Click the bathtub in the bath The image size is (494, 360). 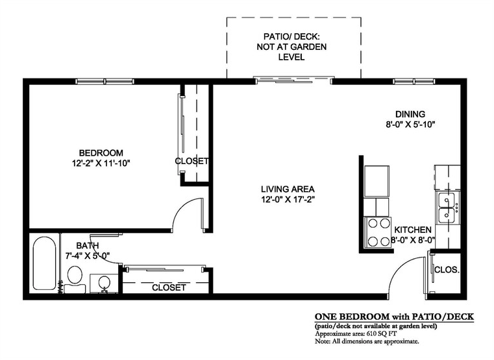44,263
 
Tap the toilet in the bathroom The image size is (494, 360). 75,280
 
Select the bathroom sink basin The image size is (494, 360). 104,282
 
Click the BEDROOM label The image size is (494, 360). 101,153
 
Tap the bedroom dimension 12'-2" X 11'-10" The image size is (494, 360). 101,163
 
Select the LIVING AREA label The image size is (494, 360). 288,189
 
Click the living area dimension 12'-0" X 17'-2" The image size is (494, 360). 288,200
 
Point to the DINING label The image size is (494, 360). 410,114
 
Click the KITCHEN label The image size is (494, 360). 413,230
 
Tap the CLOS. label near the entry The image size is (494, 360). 447,270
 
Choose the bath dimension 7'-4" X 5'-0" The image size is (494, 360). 87,256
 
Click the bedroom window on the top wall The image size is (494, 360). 105,82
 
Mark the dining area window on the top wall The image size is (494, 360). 414,82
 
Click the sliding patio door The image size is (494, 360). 293,80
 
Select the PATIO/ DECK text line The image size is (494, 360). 291,36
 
